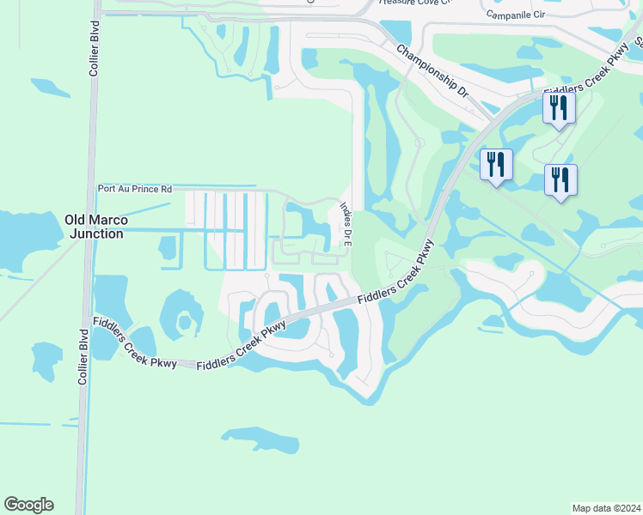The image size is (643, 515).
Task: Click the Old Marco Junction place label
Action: [95, 227]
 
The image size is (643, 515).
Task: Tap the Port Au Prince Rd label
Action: [135, 189]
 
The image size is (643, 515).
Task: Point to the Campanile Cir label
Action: [517, 15]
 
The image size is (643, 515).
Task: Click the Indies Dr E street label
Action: [346, 224]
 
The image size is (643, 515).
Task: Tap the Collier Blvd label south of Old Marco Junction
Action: [83, 356]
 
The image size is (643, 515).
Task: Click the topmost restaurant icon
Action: [559, 108]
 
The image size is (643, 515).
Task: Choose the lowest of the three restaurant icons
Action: [560, 179]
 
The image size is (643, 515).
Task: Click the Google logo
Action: [28, 505]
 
